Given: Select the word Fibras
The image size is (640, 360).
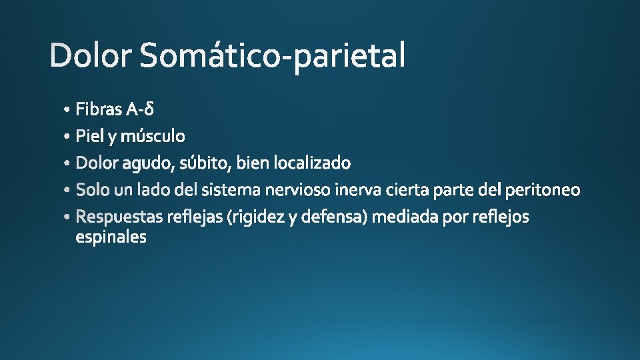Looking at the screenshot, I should coord(98,108).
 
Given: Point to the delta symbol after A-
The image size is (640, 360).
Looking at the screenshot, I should coord(150,108).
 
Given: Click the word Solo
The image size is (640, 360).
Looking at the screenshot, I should coord(93,190).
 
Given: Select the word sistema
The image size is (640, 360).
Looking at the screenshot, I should coord(231,190).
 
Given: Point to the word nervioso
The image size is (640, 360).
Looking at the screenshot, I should coord(298,190).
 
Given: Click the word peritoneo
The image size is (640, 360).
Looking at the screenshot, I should coord(543,190).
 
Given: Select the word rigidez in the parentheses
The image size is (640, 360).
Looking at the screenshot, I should coord(256,217).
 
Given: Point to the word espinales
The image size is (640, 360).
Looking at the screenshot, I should coord(111,237).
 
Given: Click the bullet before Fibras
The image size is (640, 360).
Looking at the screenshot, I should coord(68,109).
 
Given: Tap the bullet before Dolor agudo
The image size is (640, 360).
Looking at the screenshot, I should coord(68,163).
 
